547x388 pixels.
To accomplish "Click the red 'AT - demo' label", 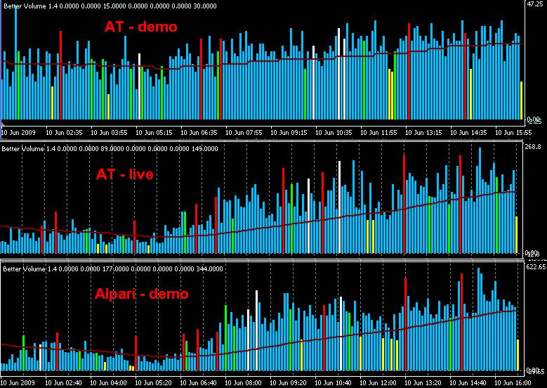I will coord(141,27).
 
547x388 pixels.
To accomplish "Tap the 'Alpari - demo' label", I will coord(141,293).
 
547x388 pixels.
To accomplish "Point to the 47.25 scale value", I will coord(532,4).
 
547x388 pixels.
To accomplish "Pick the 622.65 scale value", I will coord(536,266).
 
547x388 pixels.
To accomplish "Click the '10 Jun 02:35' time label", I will coord(65,131).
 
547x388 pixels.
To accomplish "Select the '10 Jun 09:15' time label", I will coord(290,131).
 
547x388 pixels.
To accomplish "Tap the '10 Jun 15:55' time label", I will coord(515,131).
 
